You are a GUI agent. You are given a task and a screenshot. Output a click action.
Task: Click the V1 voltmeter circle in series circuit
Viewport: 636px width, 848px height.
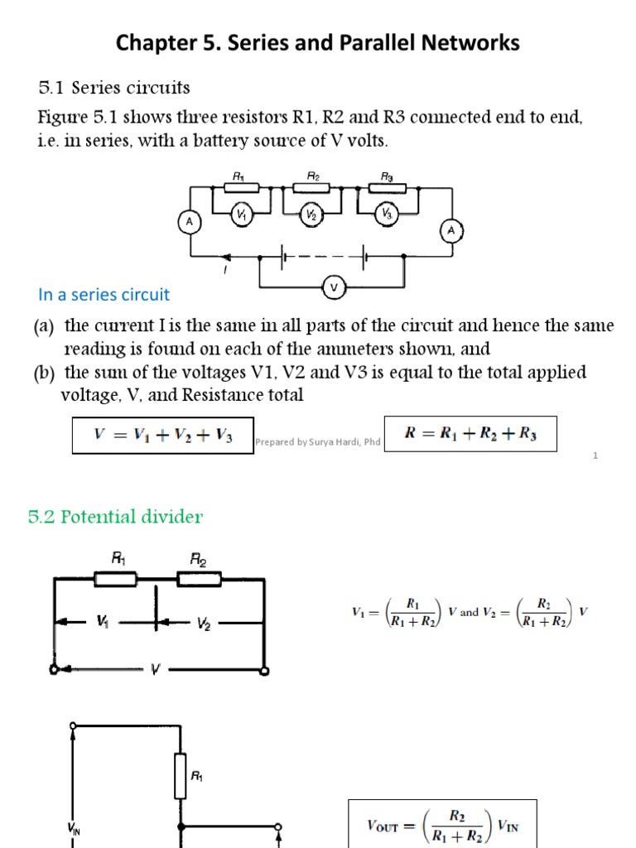tap(241, 214)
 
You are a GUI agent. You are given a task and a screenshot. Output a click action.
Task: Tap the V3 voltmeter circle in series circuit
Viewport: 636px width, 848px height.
tap(386, 214)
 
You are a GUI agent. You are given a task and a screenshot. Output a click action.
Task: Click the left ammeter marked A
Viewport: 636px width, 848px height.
tap(190, 222)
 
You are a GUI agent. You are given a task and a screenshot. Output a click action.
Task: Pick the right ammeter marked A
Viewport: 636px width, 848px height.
tap(451, 231)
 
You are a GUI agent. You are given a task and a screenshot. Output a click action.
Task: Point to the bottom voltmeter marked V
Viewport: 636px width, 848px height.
tap(335, 287)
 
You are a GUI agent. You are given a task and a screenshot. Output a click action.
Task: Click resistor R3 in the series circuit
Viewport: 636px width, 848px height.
tap(387, 189)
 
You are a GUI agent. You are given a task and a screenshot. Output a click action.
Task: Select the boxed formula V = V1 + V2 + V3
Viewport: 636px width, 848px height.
tap(162, 435)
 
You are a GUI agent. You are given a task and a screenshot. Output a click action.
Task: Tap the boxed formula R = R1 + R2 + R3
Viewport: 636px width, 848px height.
tap(468, 434)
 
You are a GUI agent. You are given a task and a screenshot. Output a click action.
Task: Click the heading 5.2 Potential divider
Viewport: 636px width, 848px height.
tap(115, 517)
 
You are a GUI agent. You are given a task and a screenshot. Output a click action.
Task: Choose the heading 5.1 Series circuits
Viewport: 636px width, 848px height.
tap(114, 87)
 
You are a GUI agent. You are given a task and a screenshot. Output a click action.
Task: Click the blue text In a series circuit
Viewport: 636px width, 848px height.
tap(104, 294)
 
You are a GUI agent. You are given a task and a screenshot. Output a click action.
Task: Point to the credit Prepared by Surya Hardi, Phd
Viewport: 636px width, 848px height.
tap(317, 442)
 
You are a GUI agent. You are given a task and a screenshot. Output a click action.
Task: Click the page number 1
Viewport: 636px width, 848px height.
tap(595, 455)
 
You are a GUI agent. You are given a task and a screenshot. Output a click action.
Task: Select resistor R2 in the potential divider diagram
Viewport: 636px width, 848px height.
tap(200, 580)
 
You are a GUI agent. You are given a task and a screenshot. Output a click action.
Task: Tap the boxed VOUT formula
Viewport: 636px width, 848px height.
tap(442, 824)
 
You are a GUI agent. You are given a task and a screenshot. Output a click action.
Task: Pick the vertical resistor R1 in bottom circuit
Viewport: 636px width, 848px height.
tap(180, 778)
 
